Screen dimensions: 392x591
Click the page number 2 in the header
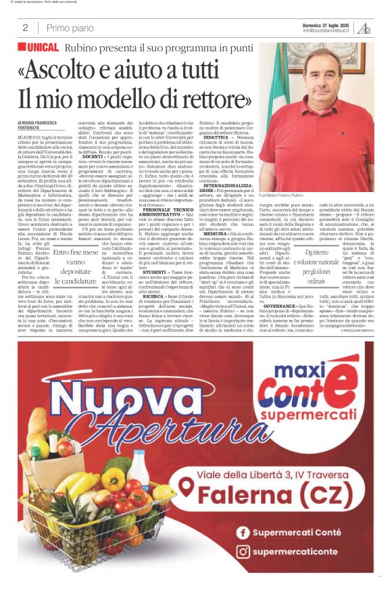tap(25, 28)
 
